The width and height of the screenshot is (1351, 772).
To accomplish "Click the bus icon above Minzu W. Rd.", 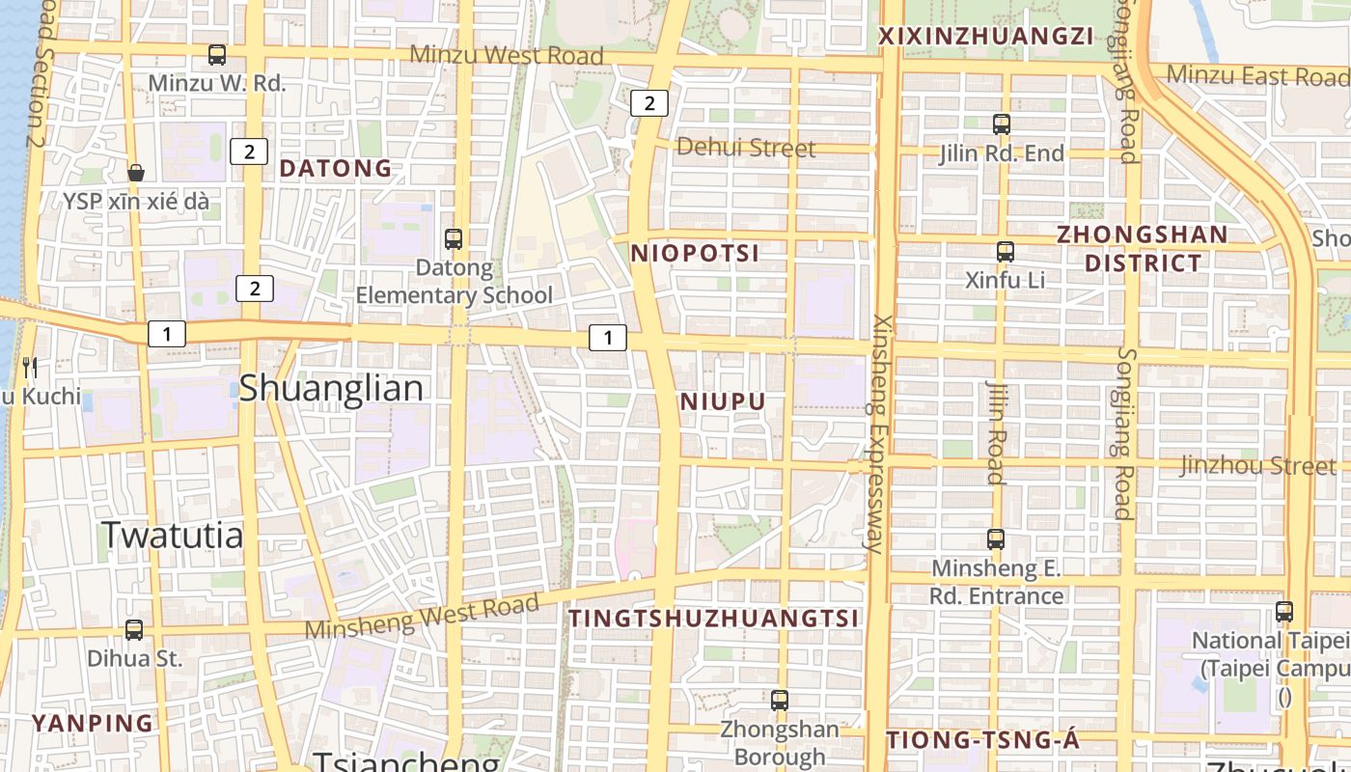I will click(x=217, y=55).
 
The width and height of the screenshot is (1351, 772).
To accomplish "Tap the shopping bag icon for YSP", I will click(x=136, y=173).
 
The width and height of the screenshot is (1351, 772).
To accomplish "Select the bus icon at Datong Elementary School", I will click(x=453, y=238).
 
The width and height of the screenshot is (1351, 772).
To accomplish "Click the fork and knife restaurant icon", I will click(x=30, y=367).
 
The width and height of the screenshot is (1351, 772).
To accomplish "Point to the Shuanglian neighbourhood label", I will click(x=331, y=388).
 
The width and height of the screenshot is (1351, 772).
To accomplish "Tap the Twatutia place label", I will click(x=173, y=535).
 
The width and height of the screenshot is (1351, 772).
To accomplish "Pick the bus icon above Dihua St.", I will click(x=134, y=630).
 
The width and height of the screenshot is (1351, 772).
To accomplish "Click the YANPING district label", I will click(x=93, y=723).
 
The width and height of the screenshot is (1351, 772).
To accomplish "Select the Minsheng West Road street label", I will click(x=422, y=617).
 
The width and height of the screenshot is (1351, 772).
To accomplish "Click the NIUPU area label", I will click(x=723, y=401).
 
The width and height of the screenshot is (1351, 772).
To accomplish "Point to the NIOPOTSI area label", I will click(x=695, y=253).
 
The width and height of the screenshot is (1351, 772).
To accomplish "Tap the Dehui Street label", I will click(x=746, y=148).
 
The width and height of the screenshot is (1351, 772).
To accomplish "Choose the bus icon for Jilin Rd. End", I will click(x=1002, y=124).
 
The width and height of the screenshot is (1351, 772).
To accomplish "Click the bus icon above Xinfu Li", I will click(x=1006, y=252).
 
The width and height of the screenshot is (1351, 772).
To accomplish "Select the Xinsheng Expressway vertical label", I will click(x=878, y=433).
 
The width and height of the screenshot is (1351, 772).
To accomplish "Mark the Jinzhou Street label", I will click(x=1258, y=465).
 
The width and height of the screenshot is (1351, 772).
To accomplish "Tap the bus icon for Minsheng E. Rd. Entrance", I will click(x=996, y=539).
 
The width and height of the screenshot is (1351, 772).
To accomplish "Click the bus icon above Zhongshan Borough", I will click(x=780, y=701).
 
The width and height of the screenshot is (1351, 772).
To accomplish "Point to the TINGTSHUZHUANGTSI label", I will click(x=713, y=619).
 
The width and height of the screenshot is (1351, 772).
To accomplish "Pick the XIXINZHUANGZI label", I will click(x=985, y=37).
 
